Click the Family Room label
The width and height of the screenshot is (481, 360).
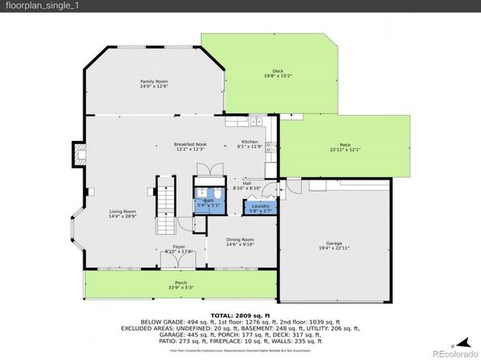pyautogui.click(x=154, y=82)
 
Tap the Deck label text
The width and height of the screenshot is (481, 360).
pyautogui.click(x=278, y=70)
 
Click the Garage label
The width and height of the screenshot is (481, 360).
pyautogui.click(x=334, y=242)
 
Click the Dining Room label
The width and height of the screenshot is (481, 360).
pyautogui.click(x=240, y=239)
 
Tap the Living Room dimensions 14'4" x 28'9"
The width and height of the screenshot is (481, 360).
pyautogui.click(x=123, y=218)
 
